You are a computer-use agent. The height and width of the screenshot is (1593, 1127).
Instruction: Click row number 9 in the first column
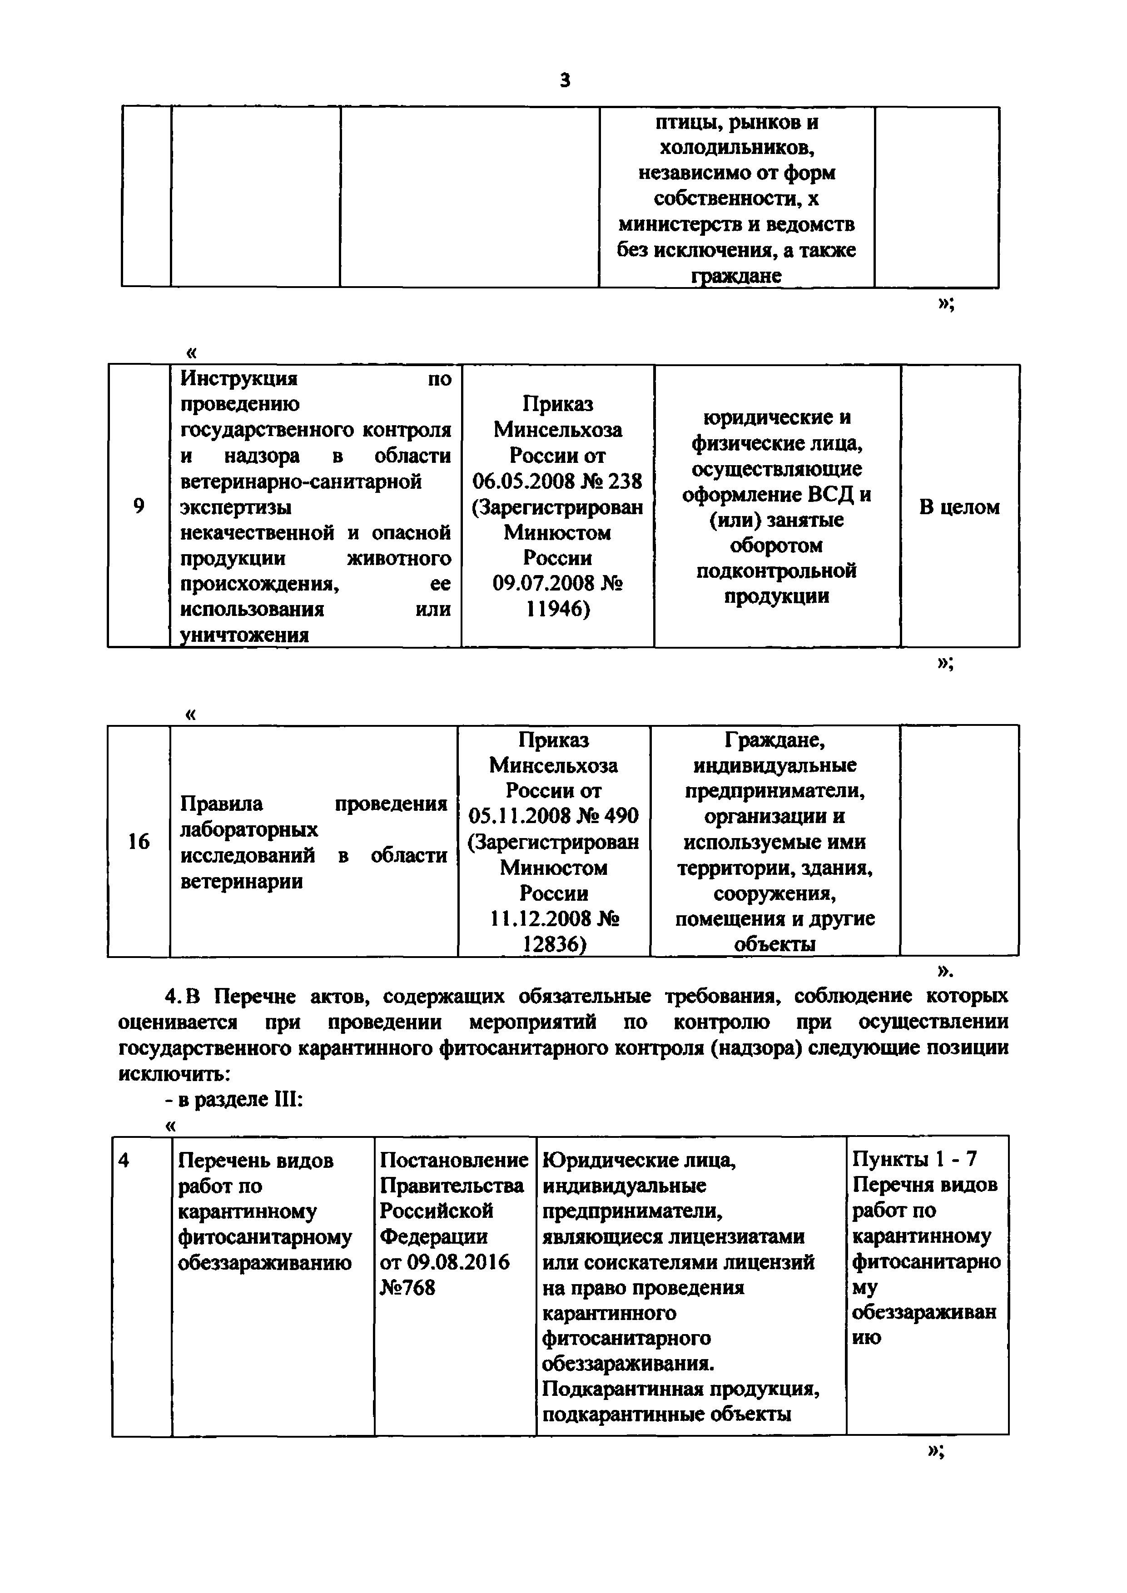point(139,506)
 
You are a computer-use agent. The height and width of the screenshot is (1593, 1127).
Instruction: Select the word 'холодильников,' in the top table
point(736,148)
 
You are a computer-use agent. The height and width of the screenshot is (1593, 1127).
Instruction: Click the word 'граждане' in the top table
point(736,276)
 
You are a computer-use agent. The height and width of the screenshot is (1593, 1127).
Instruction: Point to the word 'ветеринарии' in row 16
point(242,882)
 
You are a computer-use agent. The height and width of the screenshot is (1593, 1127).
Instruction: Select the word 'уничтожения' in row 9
point(244,635)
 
